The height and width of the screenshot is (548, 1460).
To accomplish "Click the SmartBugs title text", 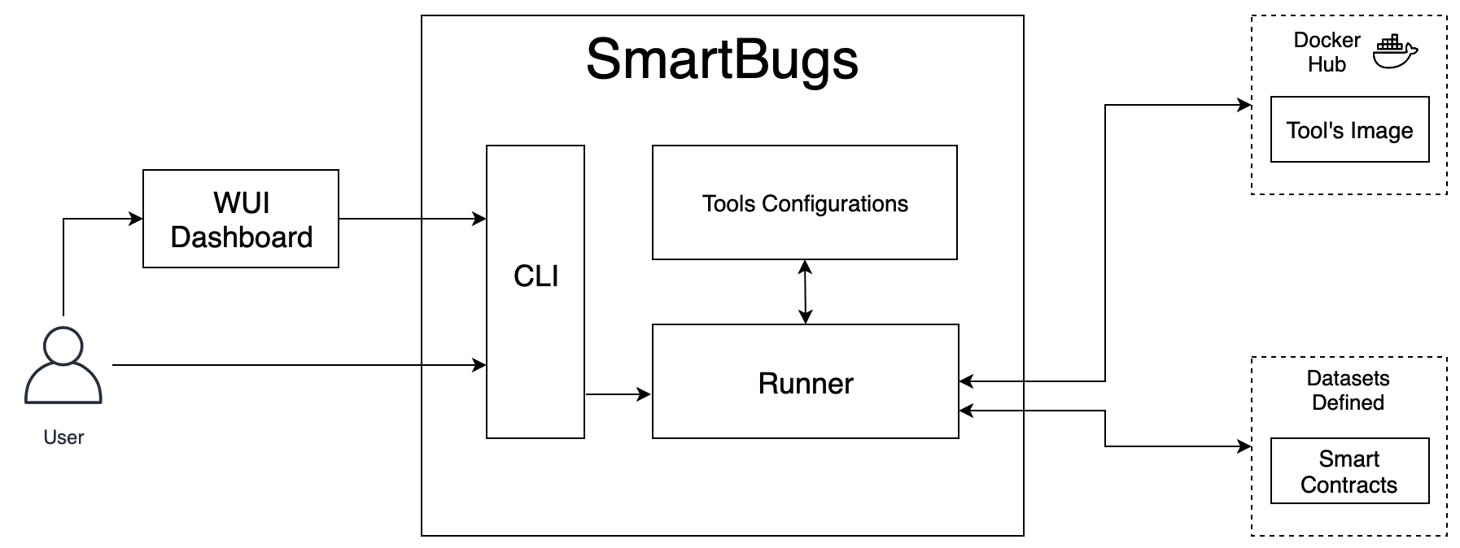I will (x=722, y=59).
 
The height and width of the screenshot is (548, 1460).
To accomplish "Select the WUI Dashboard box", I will (x=241, y=218).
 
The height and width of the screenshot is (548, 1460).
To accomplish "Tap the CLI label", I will (x=535, y=276).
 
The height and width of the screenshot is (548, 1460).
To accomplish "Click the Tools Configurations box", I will (x=804, y=203).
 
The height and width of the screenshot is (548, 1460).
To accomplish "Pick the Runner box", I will (x=805, y=382).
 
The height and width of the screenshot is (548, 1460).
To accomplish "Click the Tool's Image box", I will (x=1349, y=130).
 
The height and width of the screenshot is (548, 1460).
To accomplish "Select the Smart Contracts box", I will (x=1349, y=472).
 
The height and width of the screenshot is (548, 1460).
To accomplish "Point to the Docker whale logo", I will (x=1395, y=52).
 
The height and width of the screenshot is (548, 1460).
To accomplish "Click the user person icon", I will (x=63, y=365).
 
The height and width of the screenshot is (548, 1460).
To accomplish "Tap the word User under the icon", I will (x=63, y=437).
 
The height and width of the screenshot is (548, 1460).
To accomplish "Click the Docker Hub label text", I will (x=1327, y=52).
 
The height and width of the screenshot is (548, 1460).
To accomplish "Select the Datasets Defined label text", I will (x=1348, y=390).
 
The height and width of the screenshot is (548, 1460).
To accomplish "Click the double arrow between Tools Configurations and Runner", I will (x=805, y=292).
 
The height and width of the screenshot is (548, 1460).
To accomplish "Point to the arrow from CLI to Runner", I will (x=619, y=395).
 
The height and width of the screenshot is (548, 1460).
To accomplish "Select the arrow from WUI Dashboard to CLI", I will (x=412, y=219).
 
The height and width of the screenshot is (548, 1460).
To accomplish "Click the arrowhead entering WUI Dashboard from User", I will (x=137, y=219).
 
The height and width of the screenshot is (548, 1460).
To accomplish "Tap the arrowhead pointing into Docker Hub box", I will (x=1244, y=105).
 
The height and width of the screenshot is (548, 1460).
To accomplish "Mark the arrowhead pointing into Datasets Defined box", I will (x=1244, y=446).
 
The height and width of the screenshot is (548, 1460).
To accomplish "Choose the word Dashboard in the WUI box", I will (x=241, y=237).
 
